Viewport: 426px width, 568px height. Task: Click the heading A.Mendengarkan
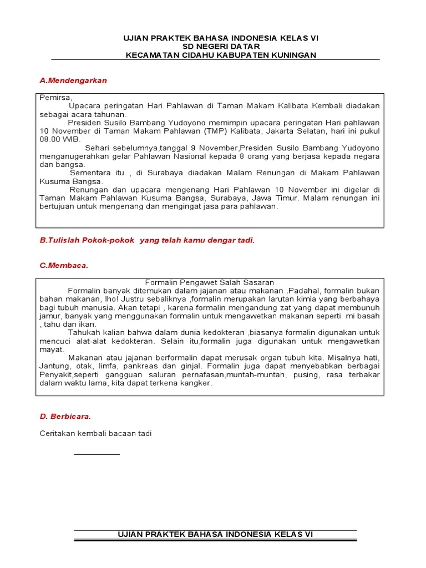[73, 80]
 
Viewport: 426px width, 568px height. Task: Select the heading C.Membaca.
[64, 265]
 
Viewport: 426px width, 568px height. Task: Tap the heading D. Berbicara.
[65, 415]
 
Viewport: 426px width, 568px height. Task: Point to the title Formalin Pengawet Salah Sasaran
[210, 282]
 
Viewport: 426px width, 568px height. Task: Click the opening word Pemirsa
[56, 97]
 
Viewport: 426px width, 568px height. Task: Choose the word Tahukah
[83, 332]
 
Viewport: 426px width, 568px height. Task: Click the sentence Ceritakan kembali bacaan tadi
[95, 434]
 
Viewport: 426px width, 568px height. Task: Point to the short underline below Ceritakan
[97, 454]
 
